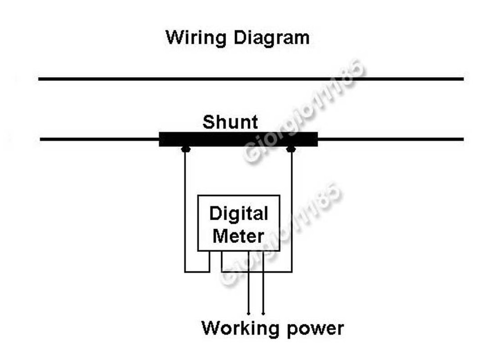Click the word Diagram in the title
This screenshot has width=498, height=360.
268,38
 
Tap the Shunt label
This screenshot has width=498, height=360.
230,122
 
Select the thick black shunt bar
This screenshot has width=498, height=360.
238,139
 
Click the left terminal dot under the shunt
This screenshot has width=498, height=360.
185,149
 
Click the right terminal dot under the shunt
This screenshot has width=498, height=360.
291,149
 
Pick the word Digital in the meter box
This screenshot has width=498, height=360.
239,214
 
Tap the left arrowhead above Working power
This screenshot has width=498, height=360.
249,313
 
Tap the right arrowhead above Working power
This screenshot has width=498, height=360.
263,313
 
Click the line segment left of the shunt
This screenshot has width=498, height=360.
100,139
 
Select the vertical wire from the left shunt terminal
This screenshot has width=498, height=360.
185,209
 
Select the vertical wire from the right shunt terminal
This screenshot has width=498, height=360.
291,209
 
